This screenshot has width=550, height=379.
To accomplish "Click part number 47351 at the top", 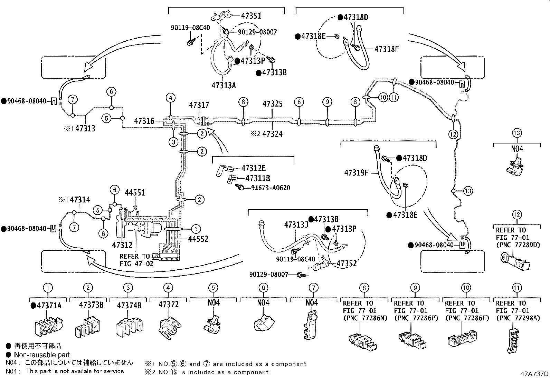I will (251, 16).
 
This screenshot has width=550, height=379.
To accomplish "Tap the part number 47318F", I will (387, 49).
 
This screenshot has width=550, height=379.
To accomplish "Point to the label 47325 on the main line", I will (272, 104).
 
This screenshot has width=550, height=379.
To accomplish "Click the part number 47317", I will (199, 105).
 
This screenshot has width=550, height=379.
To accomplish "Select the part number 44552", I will (198, 239).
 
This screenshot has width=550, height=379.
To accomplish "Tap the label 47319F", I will (357, 173).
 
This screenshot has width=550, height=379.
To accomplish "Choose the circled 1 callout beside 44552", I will (196, 229).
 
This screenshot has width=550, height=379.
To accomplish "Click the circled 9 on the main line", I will (327, 102).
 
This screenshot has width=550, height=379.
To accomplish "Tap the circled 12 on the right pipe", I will (453, 134).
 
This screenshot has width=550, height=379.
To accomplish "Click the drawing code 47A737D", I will (535, 373).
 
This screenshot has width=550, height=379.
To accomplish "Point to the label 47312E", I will (254, 168).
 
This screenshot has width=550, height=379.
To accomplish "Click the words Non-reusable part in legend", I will (42, 355).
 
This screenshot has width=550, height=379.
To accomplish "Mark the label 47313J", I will (296, 225).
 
